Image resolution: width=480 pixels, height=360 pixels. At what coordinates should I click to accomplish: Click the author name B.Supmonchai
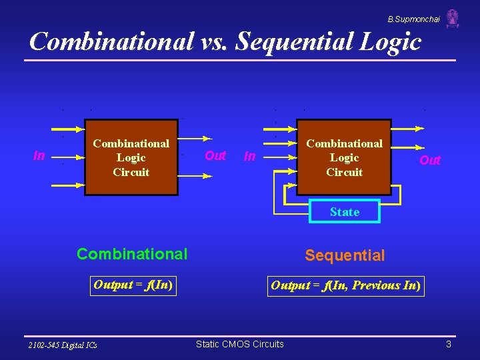(413, 19)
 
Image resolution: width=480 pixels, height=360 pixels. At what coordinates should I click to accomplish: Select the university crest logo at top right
(453, 19)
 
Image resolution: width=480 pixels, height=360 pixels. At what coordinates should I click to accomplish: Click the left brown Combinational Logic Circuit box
(131, 158)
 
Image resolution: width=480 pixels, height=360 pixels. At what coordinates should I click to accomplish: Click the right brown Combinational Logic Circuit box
(344, 158)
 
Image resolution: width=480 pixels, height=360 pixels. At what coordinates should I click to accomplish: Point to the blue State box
(345, 212)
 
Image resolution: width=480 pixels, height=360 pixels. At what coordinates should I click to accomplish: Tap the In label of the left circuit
(39, 156)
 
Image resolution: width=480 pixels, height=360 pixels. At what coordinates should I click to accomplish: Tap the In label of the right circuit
(250, 156)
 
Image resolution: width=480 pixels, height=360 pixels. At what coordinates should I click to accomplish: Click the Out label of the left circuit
(215, 155)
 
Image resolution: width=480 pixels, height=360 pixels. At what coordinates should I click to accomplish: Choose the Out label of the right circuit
(430, 160)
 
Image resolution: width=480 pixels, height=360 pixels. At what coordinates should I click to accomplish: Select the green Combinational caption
(132, 254)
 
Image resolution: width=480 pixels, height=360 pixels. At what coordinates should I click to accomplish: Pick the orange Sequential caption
(345, 255)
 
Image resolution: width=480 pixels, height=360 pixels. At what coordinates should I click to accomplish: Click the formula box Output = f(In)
(133, 285)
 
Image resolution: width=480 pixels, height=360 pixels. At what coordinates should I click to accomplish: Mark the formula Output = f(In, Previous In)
(345, 286)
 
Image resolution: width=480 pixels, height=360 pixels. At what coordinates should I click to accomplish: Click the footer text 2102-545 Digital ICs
(63, 345)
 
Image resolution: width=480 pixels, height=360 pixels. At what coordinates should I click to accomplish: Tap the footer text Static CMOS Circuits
(239, 344)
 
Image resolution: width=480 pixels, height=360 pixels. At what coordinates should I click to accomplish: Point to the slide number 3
(449, 344)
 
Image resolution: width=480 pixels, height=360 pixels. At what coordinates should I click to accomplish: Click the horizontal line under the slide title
(240, 61)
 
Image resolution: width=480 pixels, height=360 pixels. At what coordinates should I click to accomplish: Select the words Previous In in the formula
(384, 286)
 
